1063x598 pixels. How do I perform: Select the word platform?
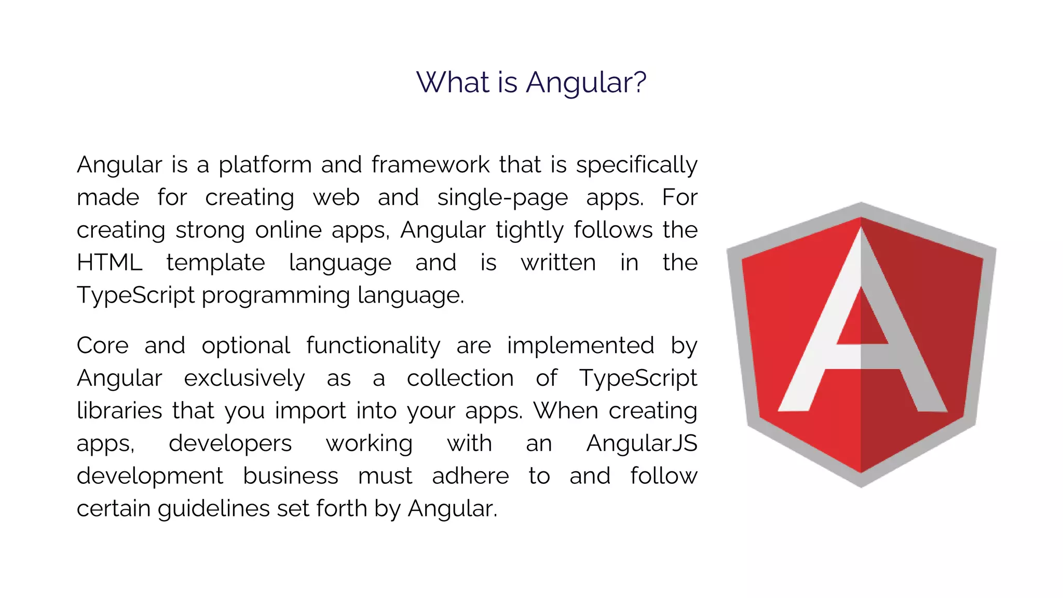click(x=265, y=165)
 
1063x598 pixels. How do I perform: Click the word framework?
click(x=430, y=165)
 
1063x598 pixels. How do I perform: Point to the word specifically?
click(x=636, y=165)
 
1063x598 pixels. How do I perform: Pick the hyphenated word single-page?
click(x=502, y=198)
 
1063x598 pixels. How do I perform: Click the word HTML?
click(x=110, y=263)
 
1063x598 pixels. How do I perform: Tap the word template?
click(x=215, y=263)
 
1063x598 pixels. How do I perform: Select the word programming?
click(x=275, y=296)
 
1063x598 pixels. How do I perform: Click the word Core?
click(x=102, y=346)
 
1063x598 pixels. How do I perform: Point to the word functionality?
click(x=373, y=346)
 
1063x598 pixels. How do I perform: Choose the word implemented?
click(x=580, y=346)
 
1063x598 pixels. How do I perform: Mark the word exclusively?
click(x=244, y=378)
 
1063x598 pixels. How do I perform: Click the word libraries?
click(x=119, y=411)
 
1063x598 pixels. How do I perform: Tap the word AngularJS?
click(x=642, y=444)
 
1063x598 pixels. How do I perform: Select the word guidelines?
click(x=214, y=509)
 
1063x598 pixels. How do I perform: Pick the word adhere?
click(x=470, y=476)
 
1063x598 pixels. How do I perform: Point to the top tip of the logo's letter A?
click(x=861, y=228)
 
